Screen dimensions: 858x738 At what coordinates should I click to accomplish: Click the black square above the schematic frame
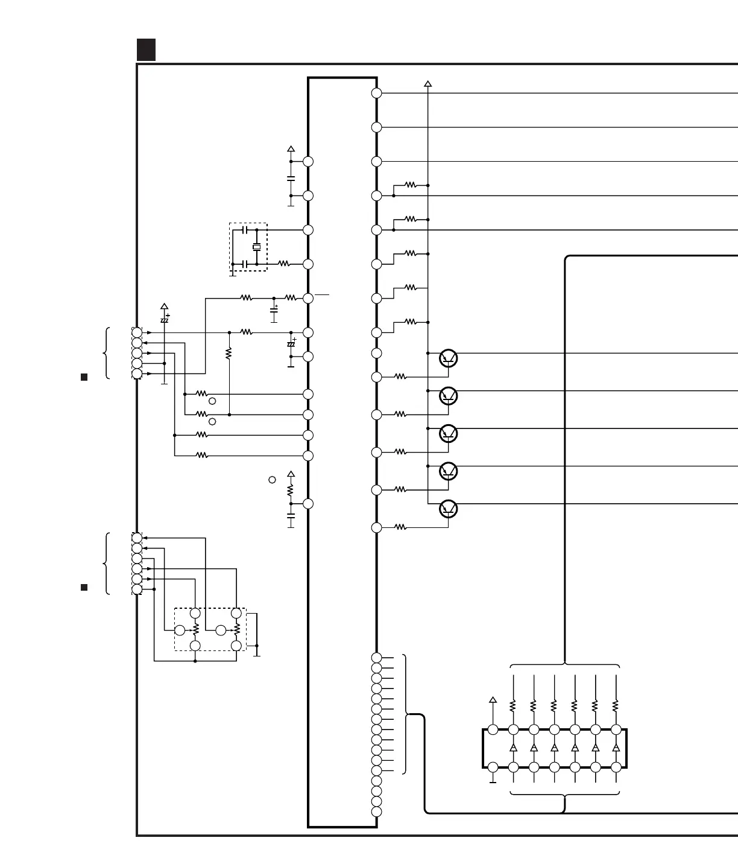146,49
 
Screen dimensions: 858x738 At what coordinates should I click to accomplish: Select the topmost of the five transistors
449,358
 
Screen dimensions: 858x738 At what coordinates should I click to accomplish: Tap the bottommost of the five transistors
449,509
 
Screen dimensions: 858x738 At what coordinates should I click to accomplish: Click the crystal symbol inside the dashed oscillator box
257,247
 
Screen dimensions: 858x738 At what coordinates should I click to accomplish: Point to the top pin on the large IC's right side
377,93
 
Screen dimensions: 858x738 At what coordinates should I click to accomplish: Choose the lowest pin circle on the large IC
377,812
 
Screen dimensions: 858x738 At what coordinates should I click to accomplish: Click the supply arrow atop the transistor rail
428,84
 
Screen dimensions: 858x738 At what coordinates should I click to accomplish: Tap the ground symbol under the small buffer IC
493,781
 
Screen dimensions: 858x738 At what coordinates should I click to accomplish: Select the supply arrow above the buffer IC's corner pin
493,701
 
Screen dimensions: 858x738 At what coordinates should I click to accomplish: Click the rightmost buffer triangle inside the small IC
616,748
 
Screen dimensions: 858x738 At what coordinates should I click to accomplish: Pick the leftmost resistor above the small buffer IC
513,705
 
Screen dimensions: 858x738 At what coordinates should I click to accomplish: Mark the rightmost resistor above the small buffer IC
616,705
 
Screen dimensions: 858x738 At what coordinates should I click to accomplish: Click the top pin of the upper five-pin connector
137,332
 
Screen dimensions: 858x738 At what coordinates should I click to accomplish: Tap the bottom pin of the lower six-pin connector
137,589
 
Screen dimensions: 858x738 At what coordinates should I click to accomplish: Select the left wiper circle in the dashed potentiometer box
180,631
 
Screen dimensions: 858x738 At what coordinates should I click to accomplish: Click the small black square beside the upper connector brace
84,377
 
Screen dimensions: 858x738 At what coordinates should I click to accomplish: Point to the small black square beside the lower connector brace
84,587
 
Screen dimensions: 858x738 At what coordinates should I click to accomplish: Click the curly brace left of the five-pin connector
107,353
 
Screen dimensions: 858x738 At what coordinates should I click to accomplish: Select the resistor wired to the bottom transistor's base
400,527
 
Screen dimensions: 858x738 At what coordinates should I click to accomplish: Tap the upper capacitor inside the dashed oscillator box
244,230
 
